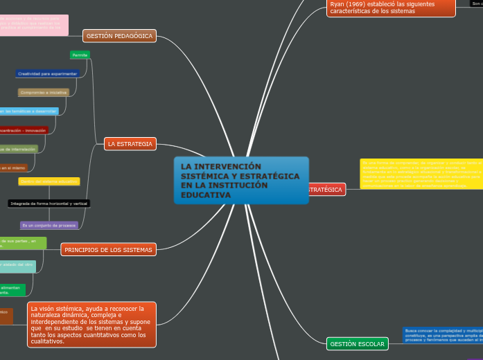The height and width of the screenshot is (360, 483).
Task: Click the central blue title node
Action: pyautogui.click(x=241, y=180)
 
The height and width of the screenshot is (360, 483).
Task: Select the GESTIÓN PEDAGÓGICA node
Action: pyautogui.click(x=119, y=36)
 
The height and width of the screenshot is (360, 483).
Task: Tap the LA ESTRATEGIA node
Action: pyautogui.click(x=130, y=144)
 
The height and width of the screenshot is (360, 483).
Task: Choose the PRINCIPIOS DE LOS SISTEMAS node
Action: pyautogui.click(x=108, y=249)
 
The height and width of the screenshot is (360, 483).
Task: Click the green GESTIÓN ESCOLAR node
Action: pyautogui.click(x=357, y=343)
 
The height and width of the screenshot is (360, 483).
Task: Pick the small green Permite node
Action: pyautogui.click(x=80, y=55)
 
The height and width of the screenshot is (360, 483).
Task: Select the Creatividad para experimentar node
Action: pyautogui.click(x=48, y=73)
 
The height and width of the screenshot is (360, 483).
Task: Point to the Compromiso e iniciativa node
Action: pyautogui.click(x=44, y=92)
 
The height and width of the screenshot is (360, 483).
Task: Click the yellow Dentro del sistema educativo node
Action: pyautogui.click(x=49, y=181)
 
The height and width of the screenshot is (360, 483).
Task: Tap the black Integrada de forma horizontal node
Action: pyautogui.click(x=49, y=204)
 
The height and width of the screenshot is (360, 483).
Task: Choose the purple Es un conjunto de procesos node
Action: pyautogui.click(x=49, y=226)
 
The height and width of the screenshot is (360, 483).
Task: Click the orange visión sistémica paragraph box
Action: pyautogui.click(x=92, y=324)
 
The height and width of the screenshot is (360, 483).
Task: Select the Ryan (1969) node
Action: pyautogui.click(x=391, y=8)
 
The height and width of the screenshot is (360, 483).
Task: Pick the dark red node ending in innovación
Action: pyautogui.click(x=24, y=129)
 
